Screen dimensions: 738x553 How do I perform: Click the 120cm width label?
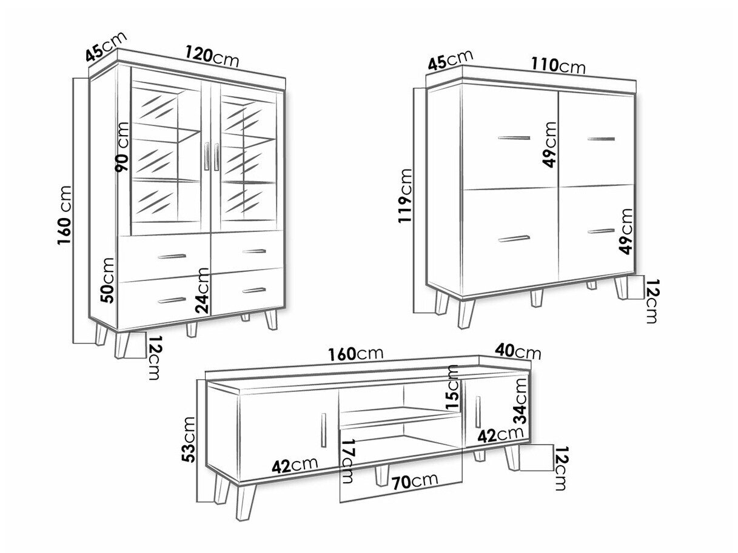[212, 57]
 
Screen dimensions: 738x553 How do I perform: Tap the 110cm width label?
[559, 65]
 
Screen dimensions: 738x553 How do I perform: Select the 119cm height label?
[405, 196]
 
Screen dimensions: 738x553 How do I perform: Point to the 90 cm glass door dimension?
[121, 147]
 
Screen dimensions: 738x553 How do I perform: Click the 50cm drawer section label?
[107, 280]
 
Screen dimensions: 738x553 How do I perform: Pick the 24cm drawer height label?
[203, 291]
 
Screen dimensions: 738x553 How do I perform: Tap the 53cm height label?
[187, 440]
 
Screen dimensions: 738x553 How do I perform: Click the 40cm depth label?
[518, 352]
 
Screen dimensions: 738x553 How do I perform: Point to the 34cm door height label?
[520, 401]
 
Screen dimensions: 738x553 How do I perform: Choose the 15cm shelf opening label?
[452, 387]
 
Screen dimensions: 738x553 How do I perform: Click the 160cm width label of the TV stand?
[356, 354]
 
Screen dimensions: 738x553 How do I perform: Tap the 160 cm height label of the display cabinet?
[65, 215]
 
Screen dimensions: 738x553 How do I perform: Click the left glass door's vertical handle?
[206, 156]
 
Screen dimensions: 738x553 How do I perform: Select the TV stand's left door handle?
[323, 430]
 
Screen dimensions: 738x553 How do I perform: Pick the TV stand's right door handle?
[478, 411]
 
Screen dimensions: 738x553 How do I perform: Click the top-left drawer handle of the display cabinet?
[172, 257]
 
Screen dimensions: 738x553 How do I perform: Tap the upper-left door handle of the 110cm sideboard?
[514, 137]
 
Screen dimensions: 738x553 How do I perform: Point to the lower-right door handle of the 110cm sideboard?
[602, 231]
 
